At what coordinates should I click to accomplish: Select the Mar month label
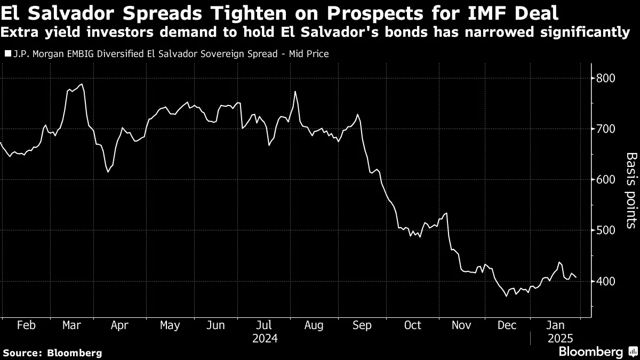(72, 325)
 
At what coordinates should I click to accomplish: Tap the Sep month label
(363, 325)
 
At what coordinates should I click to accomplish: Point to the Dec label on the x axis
(507, 325)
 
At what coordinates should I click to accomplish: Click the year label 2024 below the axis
(265, 338)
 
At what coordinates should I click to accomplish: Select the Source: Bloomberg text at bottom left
(52, 353)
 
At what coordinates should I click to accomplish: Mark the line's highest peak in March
(82, 84)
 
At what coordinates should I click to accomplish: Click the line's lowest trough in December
(506, 295)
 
